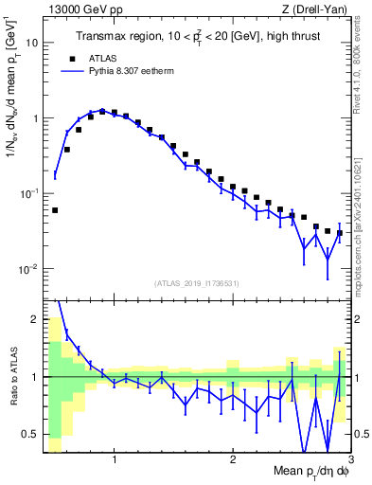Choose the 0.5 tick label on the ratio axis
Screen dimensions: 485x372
30,435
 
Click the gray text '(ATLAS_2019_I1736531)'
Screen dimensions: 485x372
198,283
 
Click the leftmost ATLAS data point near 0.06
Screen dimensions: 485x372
55,210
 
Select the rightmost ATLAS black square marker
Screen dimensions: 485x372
340,233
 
